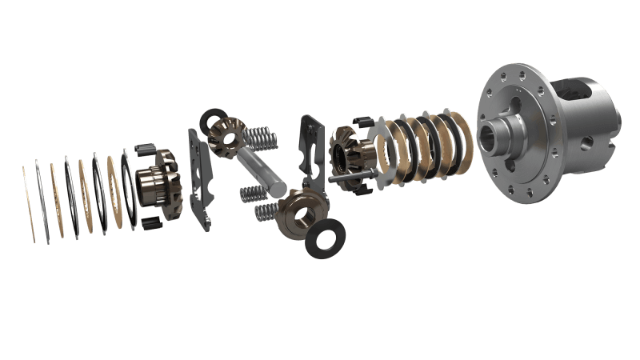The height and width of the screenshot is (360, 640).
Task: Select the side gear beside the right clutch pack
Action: tap(347, 157)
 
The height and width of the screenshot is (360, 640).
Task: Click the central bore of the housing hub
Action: tap(490, 133)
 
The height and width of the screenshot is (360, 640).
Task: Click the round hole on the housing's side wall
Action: tap(587, 142)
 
